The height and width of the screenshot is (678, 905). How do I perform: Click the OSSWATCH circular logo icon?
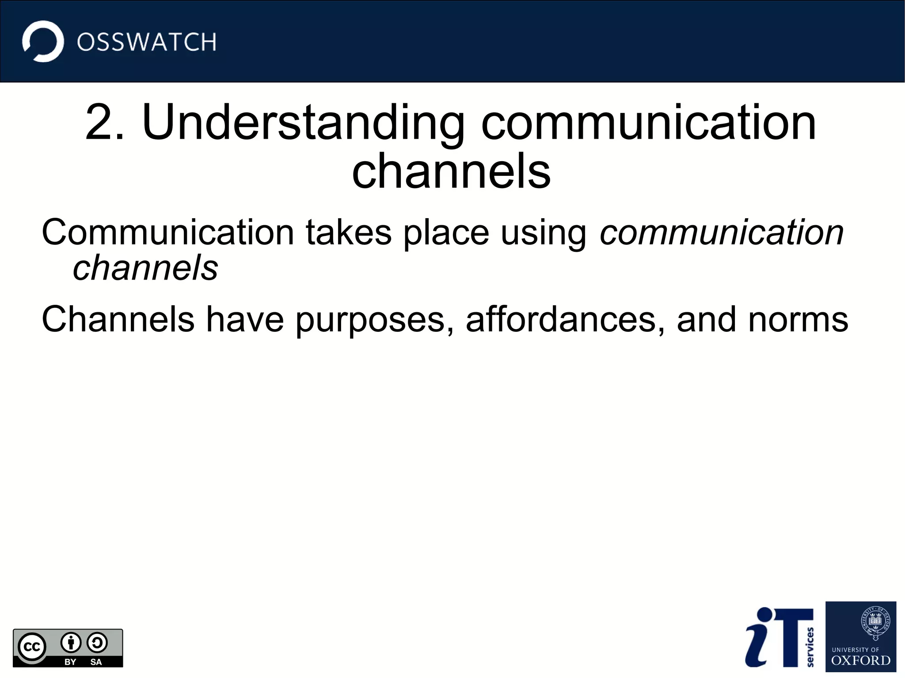(x=43, y=41)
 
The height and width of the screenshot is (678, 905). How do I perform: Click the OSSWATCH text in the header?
(x=146, y=42)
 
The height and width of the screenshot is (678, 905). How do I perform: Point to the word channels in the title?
(x=451, y=171)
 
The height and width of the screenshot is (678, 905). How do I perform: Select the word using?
(x=543, y=233)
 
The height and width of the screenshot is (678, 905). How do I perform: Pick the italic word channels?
(x=145, y=268)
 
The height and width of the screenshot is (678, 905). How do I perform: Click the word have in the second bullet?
(x=245, y=319)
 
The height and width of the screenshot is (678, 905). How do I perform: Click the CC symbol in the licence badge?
(x=32, y=647)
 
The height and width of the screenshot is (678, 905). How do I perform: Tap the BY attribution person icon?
(x=71, y=643)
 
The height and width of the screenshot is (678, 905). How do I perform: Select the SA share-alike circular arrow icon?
(x=97, y=643)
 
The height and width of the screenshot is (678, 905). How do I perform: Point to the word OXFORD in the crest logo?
(x=860, y=660)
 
